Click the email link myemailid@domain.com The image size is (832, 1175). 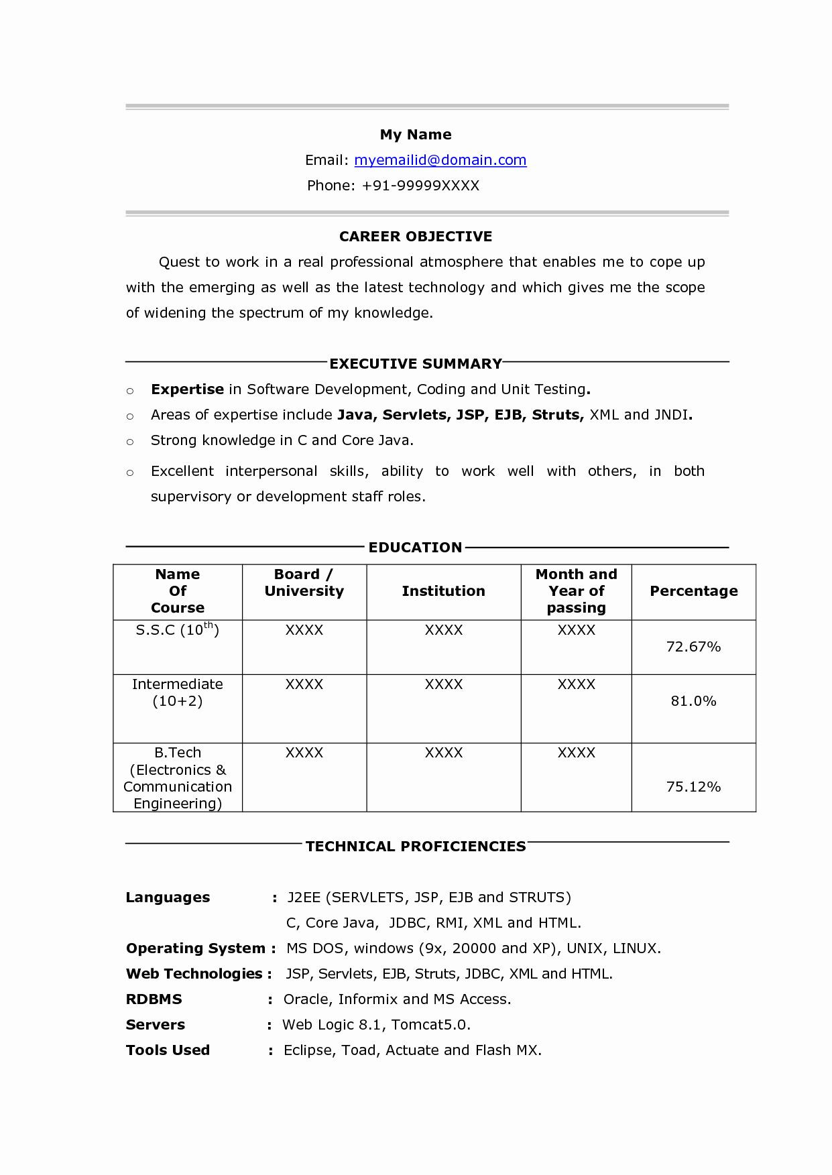click(440, 160)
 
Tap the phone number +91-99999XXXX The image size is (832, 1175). click(420, 186)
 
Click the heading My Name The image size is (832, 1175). click(416, 135)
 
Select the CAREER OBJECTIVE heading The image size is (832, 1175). click(416, 237)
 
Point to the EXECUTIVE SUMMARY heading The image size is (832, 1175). click(416, 364)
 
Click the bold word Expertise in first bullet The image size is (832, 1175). click(187, 389)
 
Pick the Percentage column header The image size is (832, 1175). click(693, 591)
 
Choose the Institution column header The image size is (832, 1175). click(443, 591)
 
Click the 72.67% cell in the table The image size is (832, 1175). click(693, 647)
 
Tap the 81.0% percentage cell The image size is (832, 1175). click(693, 701)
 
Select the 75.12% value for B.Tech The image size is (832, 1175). click(693, 787)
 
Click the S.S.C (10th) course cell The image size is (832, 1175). click(177, 630)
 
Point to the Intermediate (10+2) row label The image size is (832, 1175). click(177, 692)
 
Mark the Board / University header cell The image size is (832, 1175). click(304, 583)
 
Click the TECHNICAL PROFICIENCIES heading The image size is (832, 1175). click(416, 847)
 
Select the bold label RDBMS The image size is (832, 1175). click(154, 999)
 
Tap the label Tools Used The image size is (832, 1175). click(168, 1050)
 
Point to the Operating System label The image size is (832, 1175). click(196, 948)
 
